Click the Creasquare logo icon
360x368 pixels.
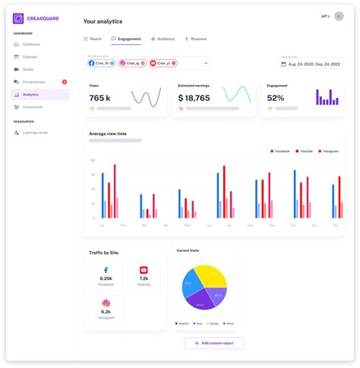point(18,18)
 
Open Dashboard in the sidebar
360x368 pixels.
point(31,44)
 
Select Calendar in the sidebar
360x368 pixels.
point(30,57)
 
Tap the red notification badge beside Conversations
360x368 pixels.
point(65,82)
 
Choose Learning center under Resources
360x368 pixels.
point(35,132)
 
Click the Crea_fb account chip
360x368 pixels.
point(102,63)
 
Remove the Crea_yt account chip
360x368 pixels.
point(174,63)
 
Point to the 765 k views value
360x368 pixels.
point(100,98)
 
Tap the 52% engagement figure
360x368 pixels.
point(276,98)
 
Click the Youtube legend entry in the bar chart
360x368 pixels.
point(304,151)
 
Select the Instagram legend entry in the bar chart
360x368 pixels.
point(329,151)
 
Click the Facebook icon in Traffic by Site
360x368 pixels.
point(106,270)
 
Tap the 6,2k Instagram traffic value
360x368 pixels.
point(106,311)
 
